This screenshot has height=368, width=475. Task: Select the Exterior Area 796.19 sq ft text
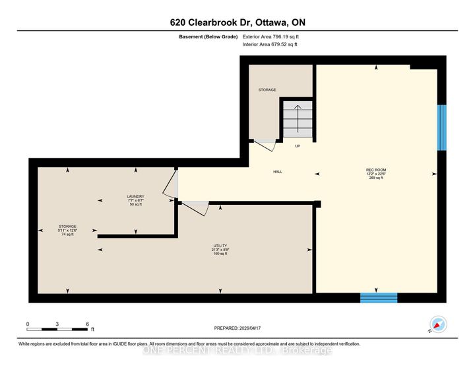[270, 37]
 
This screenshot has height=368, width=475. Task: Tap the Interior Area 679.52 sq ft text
[270, 45]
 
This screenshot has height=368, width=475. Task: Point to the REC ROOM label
[376, 174]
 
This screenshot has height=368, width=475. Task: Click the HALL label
[278, 172]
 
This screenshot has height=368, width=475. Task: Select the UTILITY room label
[220, 249]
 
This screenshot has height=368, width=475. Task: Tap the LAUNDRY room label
[135, 200]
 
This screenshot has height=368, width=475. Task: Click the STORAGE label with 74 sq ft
[67, 230]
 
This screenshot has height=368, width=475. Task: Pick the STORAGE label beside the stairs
[267, 90]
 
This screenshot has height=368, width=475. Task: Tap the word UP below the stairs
[298, 147]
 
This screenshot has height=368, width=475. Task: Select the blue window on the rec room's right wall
[442, 127]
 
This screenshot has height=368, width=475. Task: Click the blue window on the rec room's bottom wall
[379, 297]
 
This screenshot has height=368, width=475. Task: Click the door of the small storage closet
[266, 145]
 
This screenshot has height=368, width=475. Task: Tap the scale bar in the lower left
[58, 327]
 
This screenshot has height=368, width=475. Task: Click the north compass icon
[438, 324]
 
